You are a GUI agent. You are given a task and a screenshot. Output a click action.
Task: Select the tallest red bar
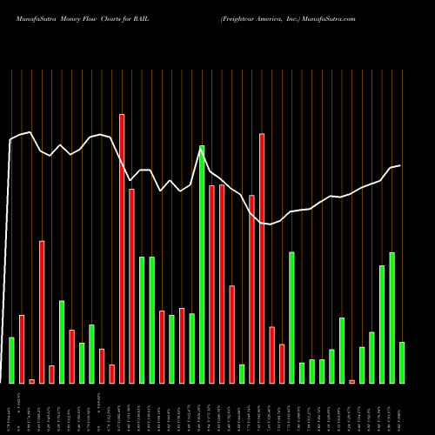[x=122, y=248]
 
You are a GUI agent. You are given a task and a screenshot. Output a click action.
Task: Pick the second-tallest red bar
[x=262, y=258]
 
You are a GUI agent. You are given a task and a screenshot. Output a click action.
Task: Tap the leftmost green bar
[x=12, y=360]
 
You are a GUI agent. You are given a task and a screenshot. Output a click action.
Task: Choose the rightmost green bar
[x=402, y=363]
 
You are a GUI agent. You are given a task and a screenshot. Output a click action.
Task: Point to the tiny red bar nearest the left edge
[x=32, y=381]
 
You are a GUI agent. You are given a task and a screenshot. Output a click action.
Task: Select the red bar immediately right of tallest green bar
[x=211, y=284]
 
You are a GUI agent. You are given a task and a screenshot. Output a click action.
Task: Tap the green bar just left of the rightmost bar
[x=392, y=318]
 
